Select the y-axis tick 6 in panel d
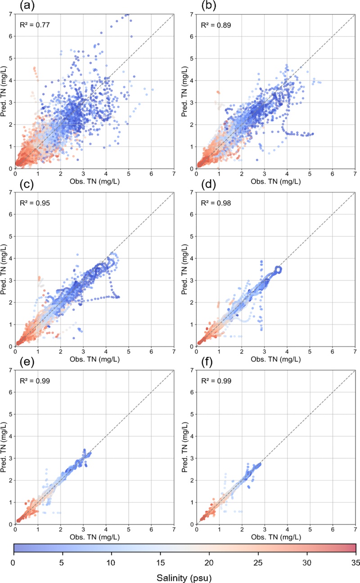191,214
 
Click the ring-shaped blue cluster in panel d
278,269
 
